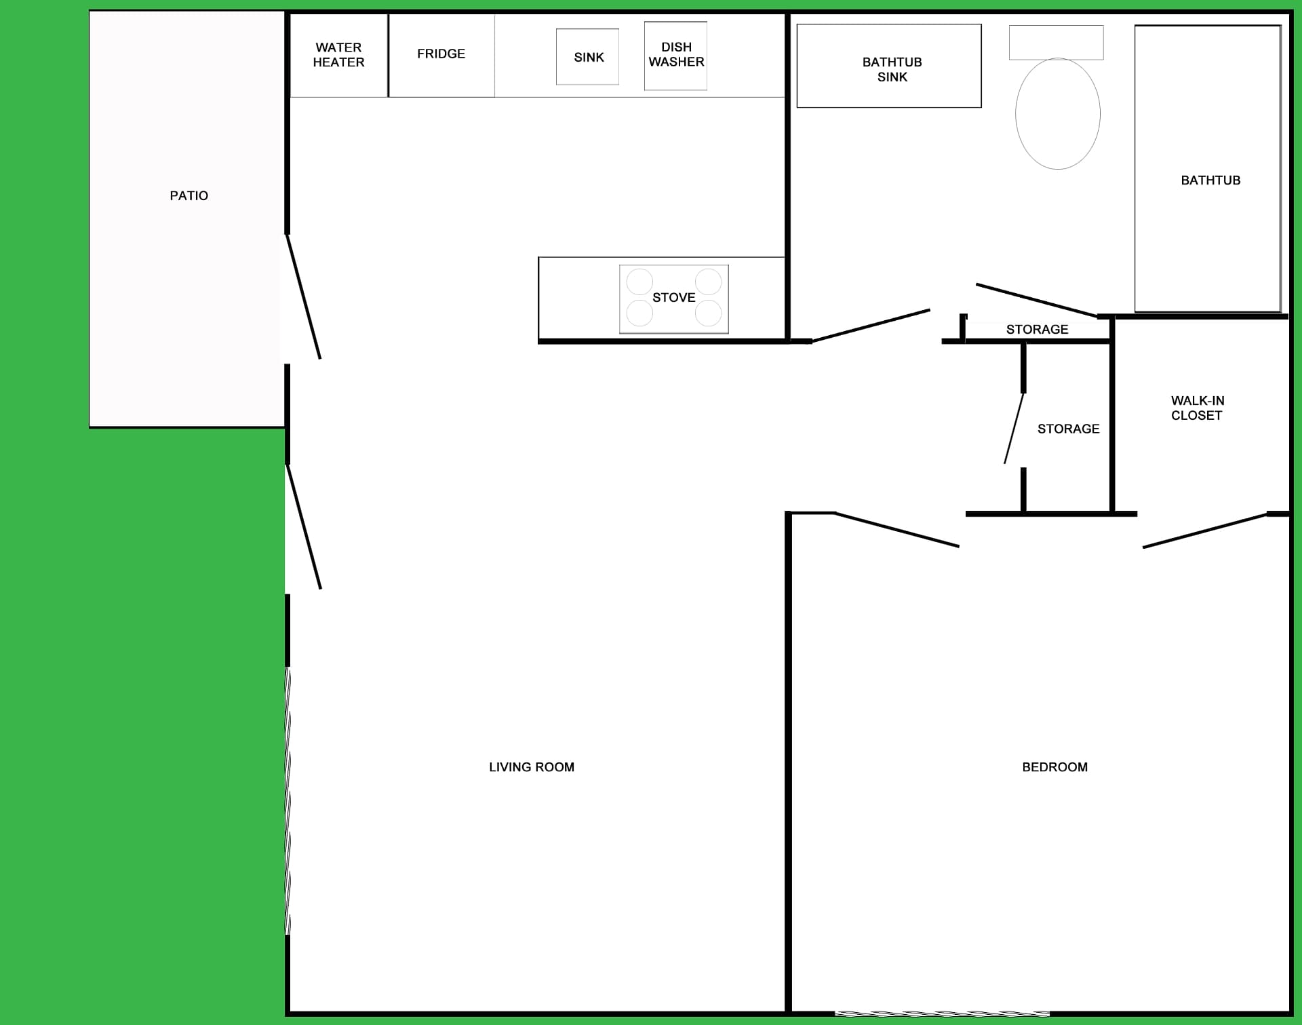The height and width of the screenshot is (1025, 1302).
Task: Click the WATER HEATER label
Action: click(338, 55)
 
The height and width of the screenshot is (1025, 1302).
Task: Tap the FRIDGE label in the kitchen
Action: click(441, 54)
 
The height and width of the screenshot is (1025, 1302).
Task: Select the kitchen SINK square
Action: click(587, 57)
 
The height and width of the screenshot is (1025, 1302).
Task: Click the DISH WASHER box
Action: click(675, 56)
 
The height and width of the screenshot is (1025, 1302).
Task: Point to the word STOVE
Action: click(673, 297)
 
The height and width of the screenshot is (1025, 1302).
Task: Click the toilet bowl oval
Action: click(1058, 113)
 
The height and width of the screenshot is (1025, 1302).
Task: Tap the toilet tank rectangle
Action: click(1056, 43)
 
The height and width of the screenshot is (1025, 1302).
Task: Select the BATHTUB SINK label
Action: click(892, 69)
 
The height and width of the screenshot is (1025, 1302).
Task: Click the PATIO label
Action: click(189, 195)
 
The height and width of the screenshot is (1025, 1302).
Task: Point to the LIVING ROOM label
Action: click(532, 767)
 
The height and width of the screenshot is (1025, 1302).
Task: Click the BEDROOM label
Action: click(1054, 767)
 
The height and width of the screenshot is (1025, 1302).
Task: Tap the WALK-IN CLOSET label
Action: click(1197, 408)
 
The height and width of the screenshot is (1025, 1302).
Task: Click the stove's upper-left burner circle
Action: click(639, 282)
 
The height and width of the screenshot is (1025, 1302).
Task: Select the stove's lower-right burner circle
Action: click(708, 313)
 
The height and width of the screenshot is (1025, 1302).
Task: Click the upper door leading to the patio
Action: click(303, 296)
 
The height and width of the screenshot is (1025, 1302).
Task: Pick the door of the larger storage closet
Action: click(1014, 428)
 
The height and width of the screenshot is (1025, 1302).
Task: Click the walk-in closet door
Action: click(1204, 530)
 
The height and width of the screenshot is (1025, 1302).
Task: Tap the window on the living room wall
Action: click(288, 800)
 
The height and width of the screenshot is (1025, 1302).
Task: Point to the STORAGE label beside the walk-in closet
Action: click(1068, 429)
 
